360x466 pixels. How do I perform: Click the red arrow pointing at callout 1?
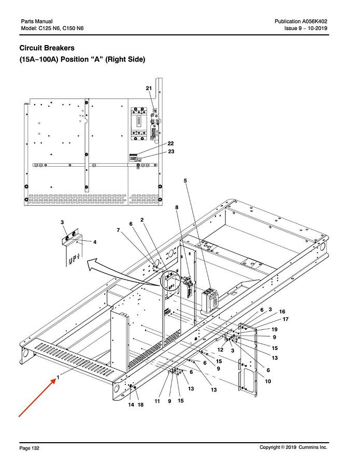(x=36, y=398)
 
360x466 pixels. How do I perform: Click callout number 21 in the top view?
(x=149, y=89)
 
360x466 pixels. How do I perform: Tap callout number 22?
(x=170, y=143)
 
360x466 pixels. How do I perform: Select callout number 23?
(x=170, y=151)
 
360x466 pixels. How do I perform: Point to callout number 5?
(x=185, y=180)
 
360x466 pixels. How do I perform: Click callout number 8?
(x=177, y=207)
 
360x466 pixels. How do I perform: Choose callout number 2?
(x=141, y=220)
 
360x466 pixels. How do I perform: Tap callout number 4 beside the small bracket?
(x=94, y=242)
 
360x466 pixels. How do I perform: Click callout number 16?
(x=282, y=312)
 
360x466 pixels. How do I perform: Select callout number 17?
(x=285, y=319)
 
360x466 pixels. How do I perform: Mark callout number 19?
(x=275, y=329)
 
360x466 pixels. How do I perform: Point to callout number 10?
(x=268, y=381)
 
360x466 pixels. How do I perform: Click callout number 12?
(x=220, y=351)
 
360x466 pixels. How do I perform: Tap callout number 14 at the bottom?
(x=131, y=404)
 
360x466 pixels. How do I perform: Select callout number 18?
(x=140, y=404)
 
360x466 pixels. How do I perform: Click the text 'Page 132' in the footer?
(x=29, y=447)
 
